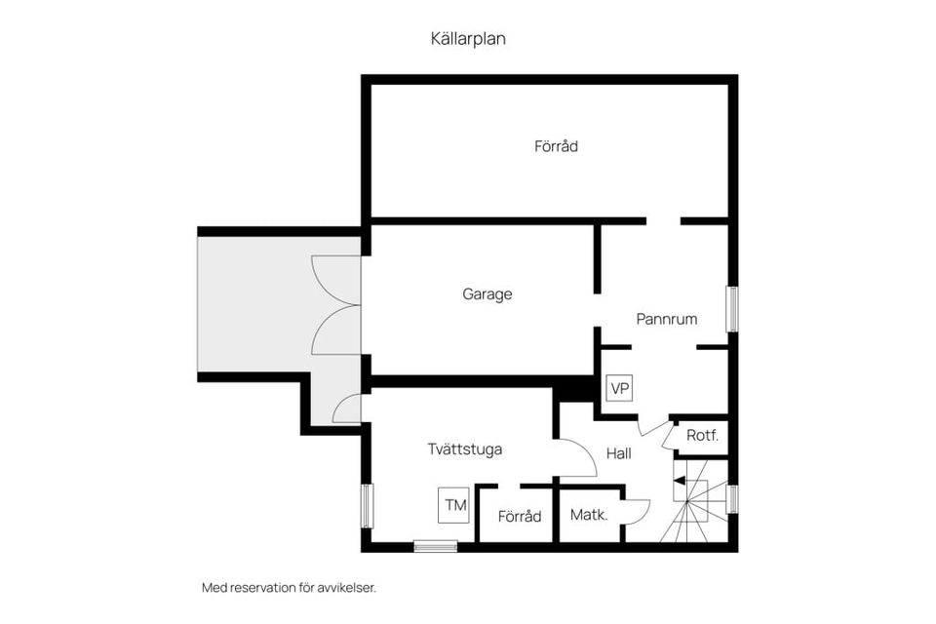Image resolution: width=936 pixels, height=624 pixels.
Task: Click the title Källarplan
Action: pos(468,39)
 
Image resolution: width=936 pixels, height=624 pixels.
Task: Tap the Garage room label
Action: pos(487,293)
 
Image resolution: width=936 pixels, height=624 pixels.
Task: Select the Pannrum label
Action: pos(667,319)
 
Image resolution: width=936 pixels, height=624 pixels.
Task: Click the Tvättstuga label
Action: pos(465,449)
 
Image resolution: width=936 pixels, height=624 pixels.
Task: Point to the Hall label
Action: pos(619,453)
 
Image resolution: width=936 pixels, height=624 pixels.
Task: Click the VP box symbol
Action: pos(619,388)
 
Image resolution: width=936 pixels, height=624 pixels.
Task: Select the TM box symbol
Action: pos(453,505)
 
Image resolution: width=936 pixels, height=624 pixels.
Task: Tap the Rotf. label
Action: pos(702,436)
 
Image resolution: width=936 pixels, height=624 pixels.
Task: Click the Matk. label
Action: pos(590,515)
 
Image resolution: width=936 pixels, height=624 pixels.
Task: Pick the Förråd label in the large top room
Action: pos(557,147)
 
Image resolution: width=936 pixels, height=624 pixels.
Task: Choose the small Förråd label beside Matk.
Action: pos(520,517)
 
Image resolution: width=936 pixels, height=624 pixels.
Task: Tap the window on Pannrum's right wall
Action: pos(731,310)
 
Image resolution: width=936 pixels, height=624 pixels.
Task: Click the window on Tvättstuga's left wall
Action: pos(366,505)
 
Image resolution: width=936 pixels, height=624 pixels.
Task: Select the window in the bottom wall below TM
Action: pos(436,546)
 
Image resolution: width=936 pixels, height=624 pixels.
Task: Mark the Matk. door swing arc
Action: pos(639,511)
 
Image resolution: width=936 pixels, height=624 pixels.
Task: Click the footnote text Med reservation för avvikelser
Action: pos(289,588)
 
